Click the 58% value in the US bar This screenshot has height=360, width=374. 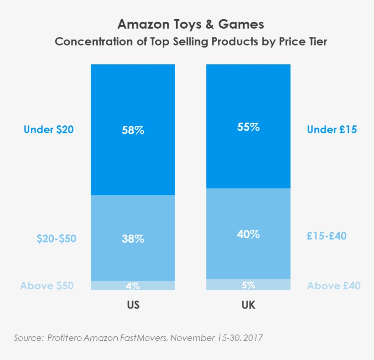(133, 130)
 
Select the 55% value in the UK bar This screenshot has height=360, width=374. (249, 127)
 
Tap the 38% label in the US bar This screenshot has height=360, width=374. (133, 239)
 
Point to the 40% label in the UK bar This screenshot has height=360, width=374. (249, 235)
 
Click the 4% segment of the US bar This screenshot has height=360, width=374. (133, 286)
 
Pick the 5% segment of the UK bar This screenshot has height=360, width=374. (249, 285)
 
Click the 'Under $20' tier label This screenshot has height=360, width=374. (48, 129)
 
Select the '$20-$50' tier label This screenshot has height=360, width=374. (57, 239)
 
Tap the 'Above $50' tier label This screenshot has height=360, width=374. (47, 286)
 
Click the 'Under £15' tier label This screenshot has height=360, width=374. (332, 129)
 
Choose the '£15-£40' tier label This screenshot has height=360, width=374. (327, 236)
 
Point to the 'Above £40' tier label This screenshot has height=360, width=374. (333, 286)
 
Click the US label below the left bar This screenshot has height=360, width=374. (133, 305)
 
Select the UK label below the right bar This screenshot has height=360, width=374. (249, 305)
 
